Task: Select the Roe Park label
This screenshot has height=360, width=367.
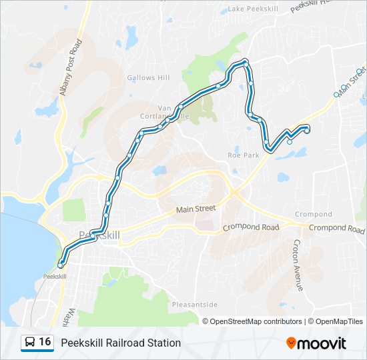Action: point(243,155)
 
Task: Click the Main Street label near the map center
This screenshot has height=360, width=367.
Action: point(196,209)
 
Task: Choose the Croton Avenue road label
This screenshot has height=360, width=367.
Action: point(297,265)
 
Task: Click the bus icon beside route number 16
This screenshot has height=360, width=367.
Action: point(30,342)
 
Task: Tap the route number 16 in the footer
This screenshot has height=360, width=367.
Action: point(45,342)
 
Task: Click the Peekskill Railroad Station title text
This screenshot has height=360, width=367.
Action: point(121,343)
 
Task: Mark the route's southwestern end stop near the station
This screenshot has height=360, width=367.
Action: point(61,264)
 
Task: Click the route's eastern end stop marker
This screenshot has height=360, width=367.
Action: point(307,131)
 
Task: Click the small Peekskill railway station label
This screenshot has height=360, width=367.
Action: point(55,276)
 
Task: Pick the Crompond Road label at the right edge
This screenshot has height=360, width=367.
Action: point(337,228)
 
